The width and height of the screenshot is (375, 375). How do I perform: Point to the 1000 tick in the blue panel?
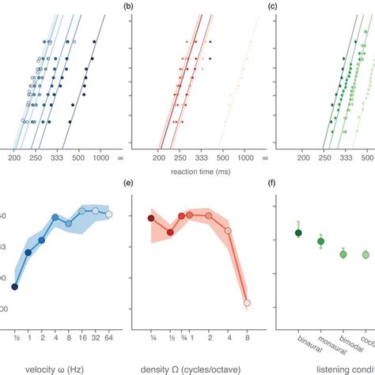coord(100,158)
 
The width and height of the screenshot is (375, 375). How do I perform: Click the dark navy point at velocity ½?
coord(15,287)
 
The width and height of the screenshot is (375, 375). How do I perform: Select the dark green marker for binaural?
coord(298,233)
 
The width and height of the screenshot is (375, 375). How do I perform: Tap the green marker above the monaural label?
coord(321,241)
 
